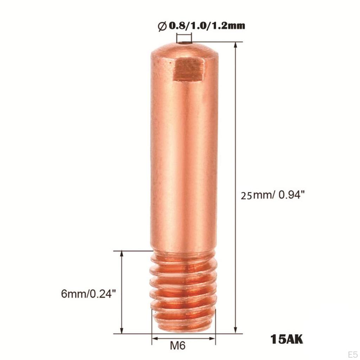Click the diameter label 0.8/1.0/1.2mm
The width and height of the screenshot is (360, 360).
pyautogui.click(x=207, y=26)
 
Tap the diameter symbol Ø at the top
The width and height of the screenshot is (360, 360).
pyautogui.click(x=162, y=26)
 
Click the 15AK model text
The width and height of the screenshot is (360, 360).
pyautogui.click(x=286, y=340)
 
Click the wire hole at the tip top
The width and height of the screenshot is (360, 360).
pyautogui.click(x=184, y=44)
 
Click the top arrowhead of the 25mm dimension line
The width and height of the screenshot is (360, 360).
pyautogui.click(x=235, y=45)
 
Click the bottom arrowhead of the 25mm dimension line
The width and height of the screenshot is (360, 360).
pyautogui.click(x=235, y=331)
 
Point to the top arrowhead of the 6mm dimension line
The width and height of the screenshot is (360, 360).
pyautogui.click(x=122, y=254)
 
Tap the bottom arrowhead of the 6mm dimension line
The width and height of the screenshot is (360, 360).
pyautogui.click(x=122, y=331)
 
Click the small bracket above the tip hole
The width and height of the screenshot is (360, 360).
pyautogui.click(x=184, y=37)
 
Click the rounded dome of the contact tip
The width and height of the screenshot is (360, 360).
pyautogui.click(x=184, y=51)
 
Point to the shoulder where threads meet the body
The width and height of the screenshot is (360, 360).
pyautogui.click(x=183, y=252)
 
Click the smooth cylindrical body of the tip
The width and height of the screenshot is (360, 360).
pyautogui.click(x=184, y=158)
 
